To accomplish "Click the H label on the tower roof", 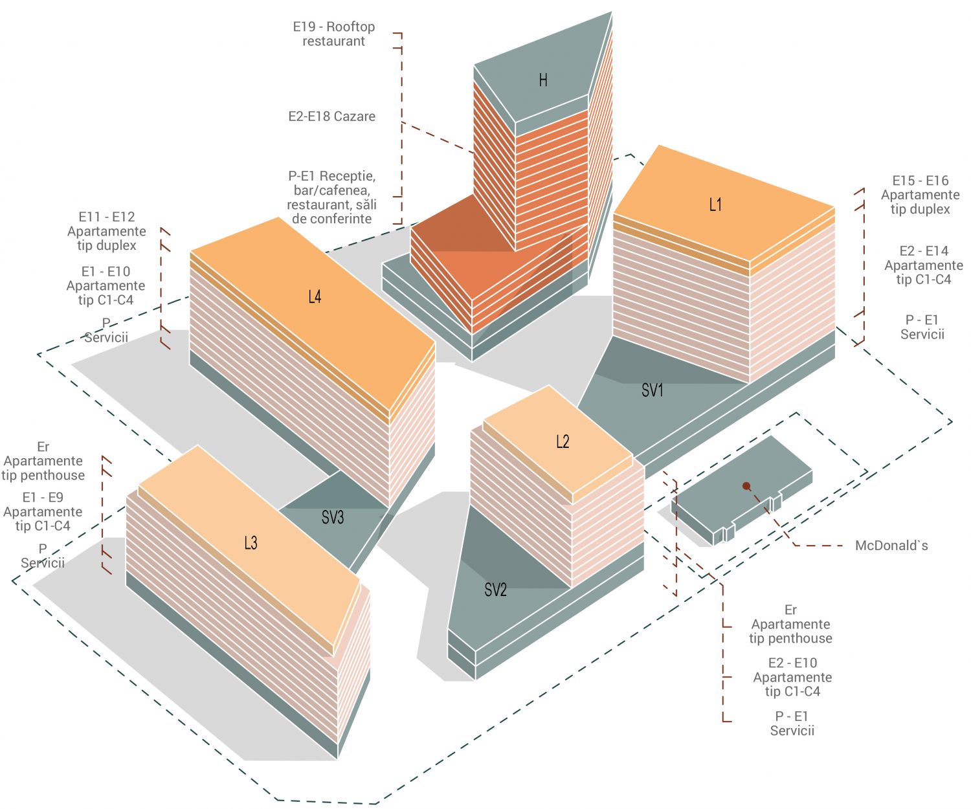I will point(543,80).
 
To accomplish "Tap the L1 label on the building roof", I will point(715,205).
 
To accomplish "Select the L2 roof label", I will point(563,442).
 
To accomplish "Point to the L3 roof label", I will point(251,543).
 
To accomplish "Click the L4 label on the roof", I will point(315,297).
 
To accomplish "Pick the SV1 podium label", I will point(652,390).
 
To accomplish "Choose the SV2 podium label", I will point(495,590).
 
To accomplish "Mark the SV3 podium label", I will point(332,517).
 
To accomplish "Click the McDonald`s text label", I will point(891,546).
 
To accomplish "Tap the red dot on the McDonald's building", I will point(746,485).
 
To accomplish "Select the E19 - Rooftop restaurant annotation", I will point(333,34).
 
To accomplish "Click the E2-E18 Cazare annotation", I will point(331,116).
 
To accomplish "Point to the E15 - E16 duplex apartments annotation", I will point(920,195).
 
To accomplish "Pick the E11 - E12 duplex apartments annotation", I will point(107,231).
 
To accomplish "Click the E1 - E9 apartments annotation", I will point(43,511).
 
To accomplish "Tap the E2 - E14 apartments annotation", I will point(924,265).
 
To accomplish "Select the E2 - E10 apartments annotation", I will point(792,677).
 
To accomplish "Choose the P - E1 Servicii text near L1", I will point(922,327).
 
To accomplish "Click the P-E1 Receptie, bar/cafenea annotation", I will point(331,197).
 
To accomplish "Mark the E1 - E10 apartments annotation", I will point(106,285).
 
